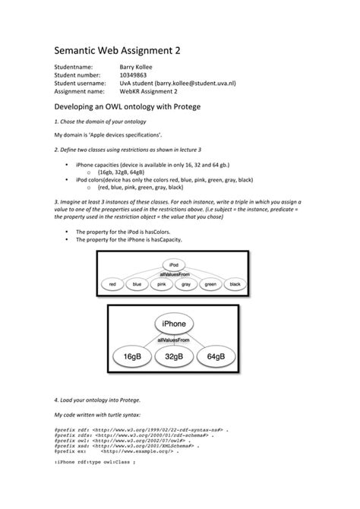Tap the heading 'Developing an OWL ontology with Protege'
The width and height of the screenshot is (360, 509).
point(128,106)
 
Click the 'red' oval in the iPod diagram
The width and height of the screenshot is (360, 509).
point(112,284)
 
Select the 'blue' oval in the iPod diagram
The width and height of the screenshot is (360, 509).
point(137,284)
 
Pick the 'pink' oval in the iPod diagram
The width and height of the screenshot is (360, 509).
point(161,284)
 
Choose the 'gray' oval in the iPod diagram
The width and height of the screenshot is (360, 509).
point(186,284)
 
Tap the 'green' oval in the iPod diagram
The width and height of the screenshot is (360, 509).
point(210,284)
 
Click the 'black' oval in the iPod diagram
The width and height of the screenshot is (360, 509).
point(235,284)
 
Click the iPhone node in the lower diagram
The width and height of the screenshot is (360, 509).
point(174,324)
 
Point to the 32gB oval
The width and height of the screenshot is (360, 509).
point(174,356)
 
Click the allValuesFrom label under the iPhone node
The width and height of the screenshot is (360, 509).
point(173,340)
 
